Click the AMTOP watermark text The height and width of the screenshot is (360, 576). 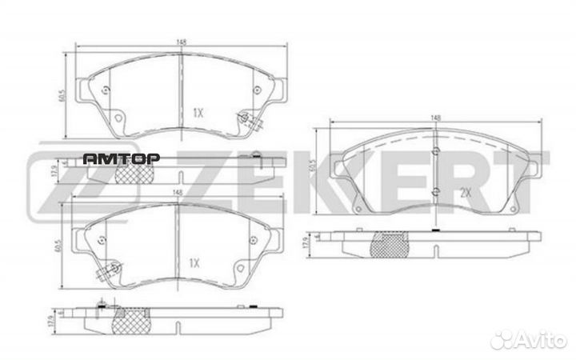122,158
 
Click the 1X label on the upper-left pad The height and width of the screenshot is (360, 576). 198,113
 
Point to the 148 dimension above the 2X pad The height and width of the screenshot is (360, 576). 435,118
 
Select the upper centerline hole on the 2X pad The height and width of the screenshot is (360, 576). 434,152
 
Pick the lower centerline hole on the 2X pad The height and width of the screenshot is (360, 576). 434,190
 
